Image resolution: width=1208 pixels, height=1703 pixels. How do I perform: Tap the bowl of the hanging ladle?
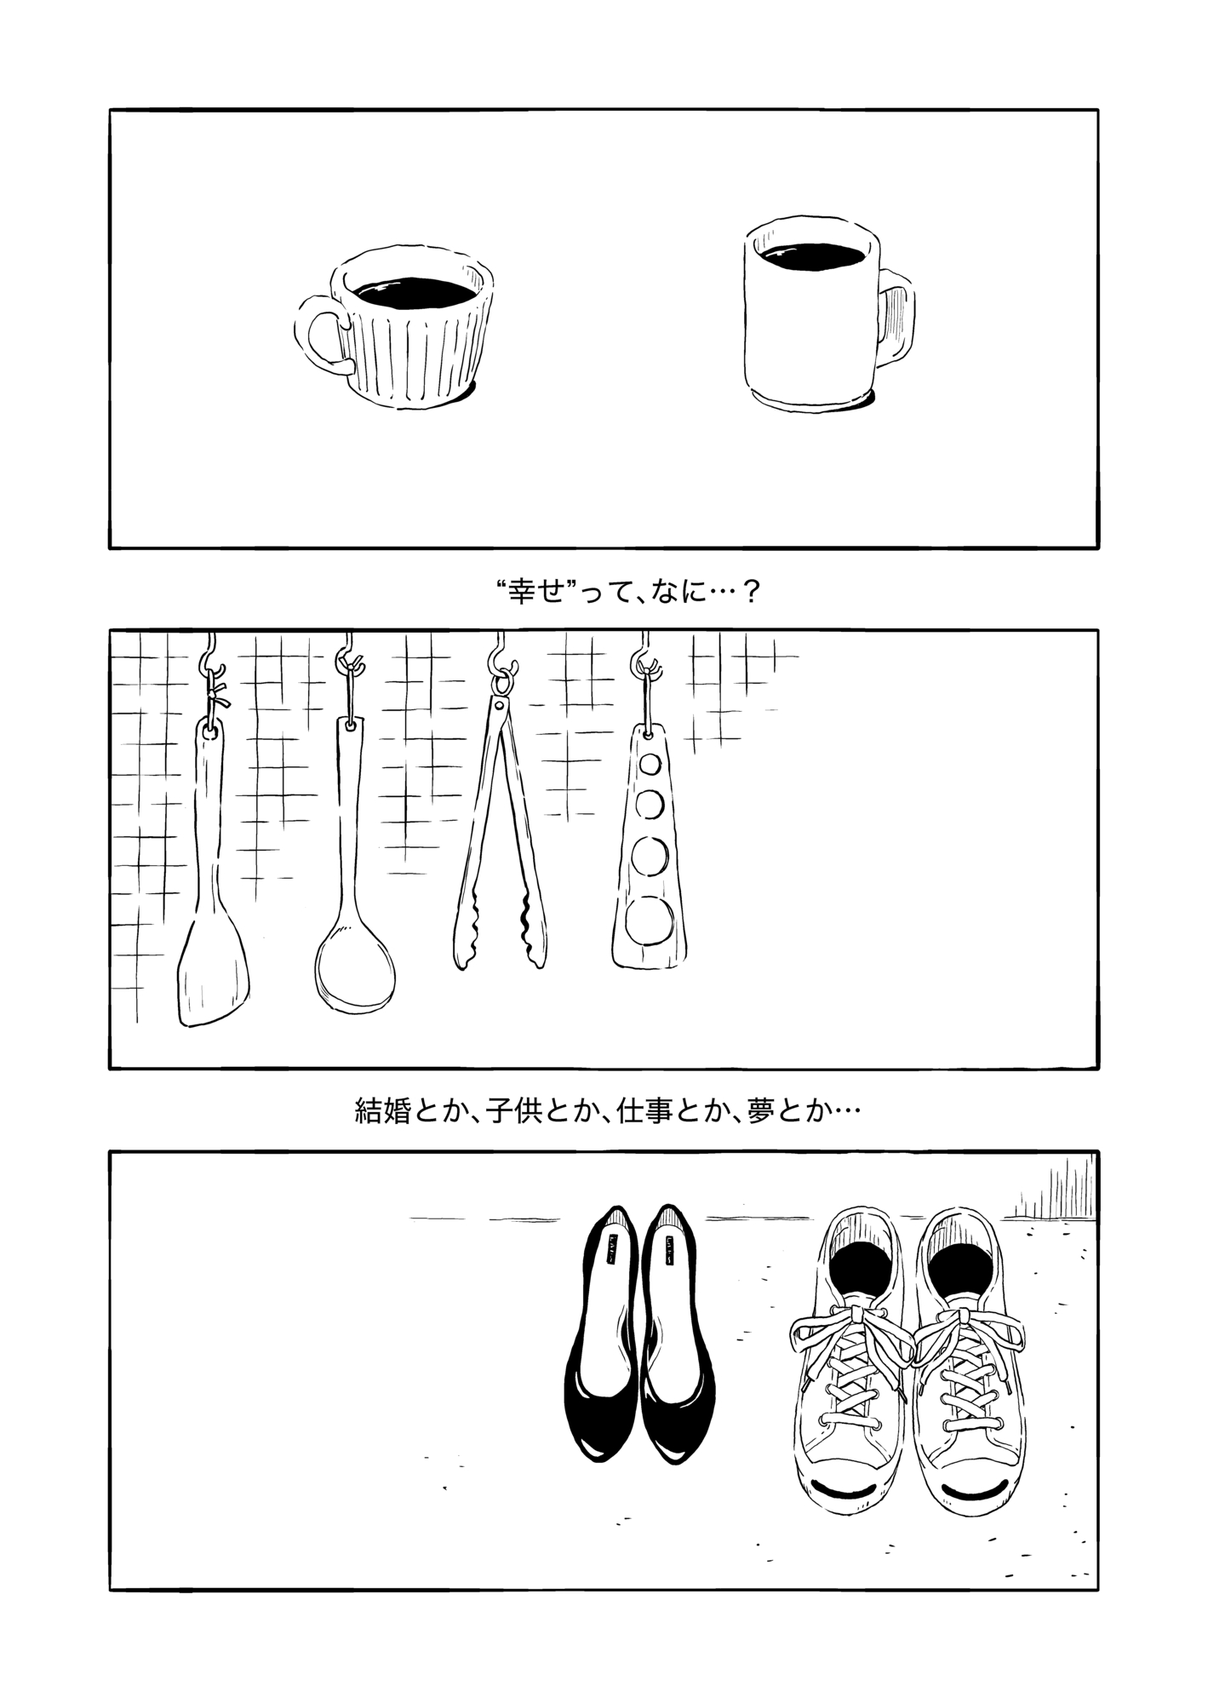pyautogui.click(x=355, y=967)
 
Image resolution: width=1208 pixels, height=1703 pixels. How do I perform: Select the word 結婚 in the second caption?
pyautogui.click(x=382, y=1111)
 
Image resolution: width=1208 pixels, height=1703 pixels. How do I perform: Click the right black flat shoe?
pyautogui.click(x=677, y=1341)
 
